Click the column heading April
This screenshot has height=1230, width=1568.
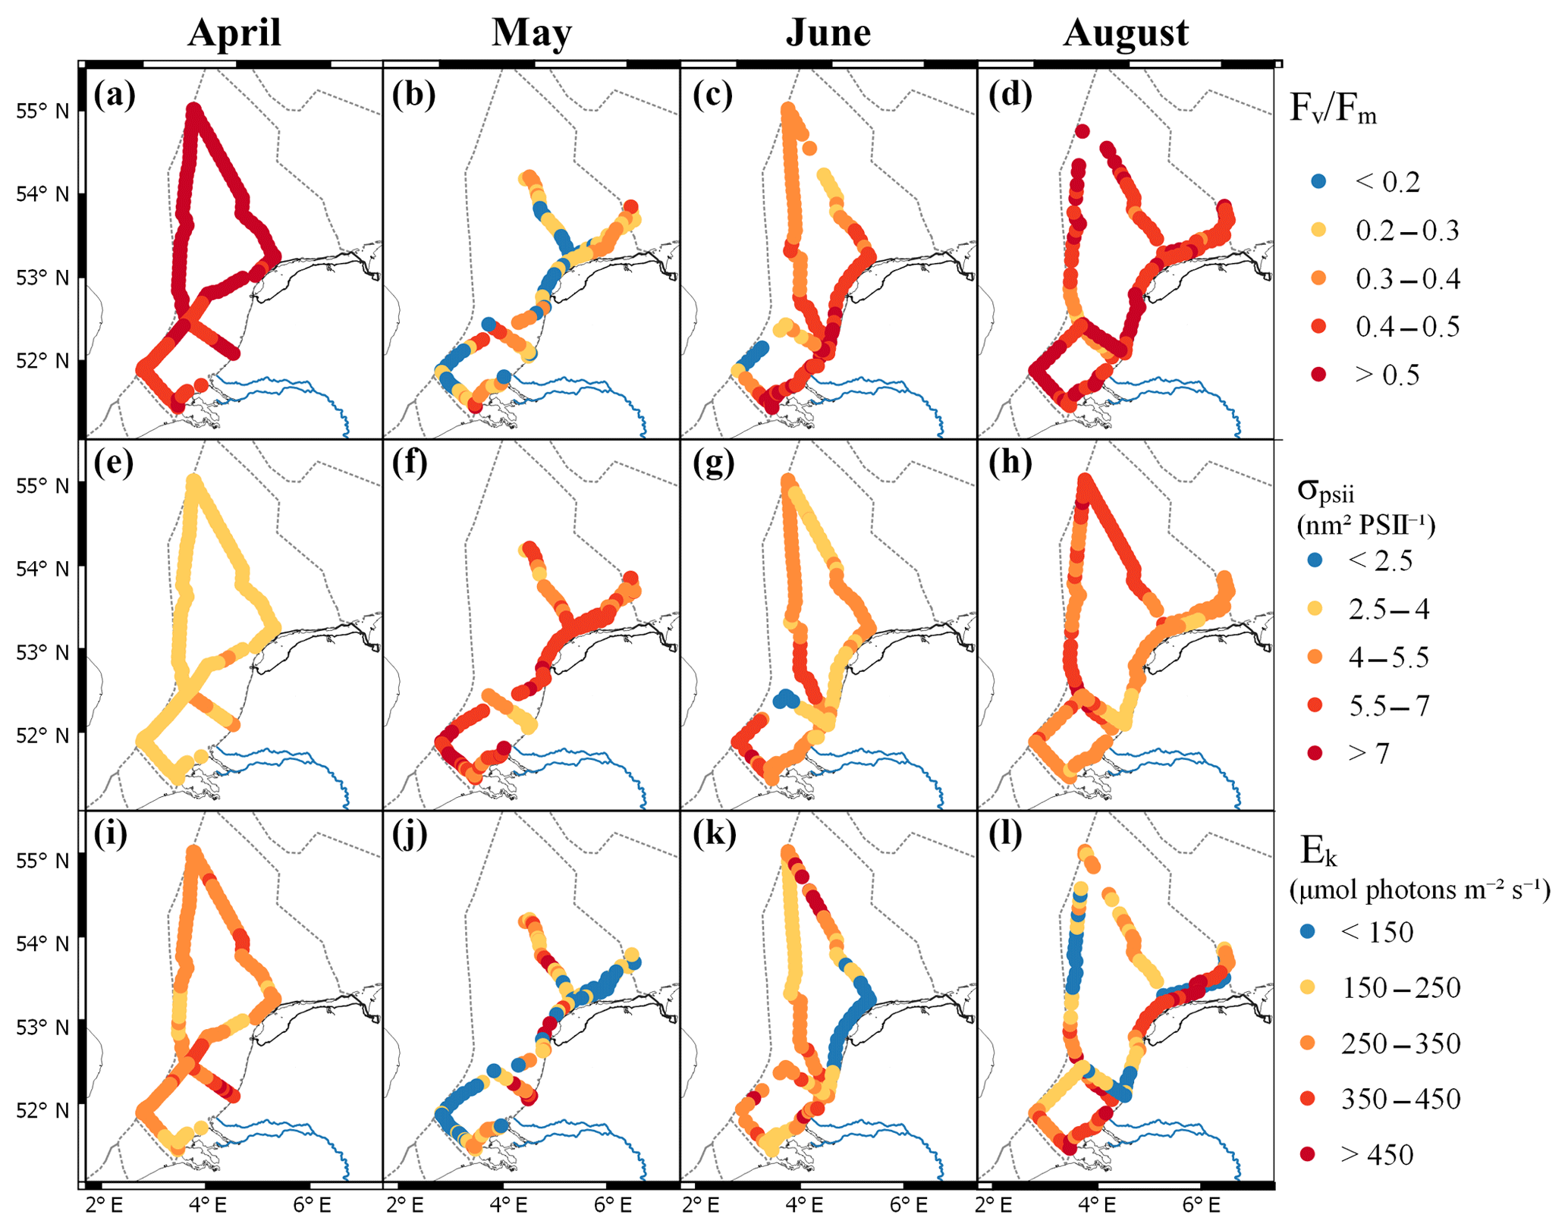pos(234,33)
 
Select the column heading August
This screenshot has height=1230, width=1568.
pos(1126,33)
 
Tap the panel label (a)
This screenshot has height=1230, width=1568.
pos(115,96)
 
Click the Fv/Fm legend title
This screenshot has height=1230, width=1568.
pos(1333,110)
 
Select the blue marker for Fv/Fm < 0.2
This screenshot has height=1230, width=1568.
pos(1319,181)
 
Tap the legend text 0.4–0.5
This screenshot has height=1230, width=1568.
pos(1407,327)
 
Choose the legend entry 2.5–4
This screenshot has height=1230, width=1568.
pos(1388,609)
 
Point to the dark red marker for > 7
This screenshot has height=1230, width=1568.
pos(1315,753)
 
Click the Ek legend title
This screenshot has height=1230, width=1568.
pos(1318,852)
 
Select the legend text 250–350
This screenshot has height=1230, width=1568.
pos(1400,1044)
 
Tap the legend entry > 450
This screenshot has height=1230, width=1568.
pos(1377,1155)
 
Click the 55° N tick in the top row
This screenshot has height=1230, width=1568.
pos(42,111)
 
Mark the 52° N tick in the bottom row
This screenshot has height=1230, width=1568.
pos(42,1110)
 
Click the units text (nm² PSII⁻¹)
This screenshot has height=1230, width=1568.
pos(1366,525)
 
